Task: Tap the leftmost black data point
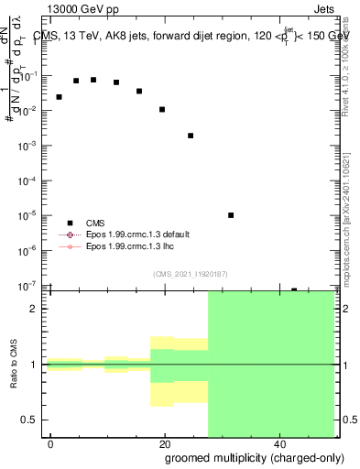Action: point(59,97)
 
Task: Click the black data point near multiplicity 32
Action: point(231,215)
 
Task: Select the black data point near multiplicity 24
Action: point(191,136)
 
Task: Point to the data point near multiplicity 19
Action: point(162,110)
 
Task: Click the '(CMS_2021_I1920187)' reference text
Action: point(191,274)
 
